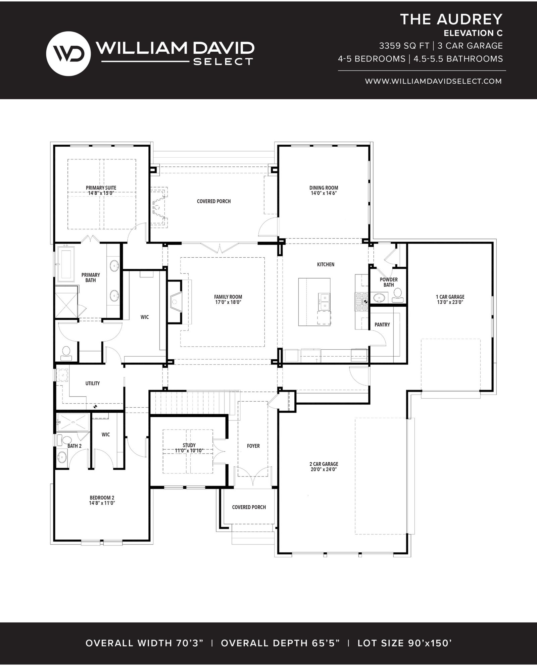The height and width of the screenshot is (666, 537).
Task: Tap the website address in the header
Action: coord(433,81)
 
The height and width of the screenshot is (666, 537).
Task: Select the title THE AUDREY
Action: coord(451,19)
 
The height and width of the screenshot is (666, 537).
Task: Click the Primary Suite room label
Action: coord(101,191)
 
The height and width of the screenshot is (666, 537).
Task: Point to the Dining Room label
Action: coord(324,191)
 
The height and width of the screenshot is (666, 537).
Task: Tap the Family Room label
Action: coord(228,299)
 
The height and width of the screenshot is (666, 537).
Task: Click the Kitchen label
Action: coord(326,264)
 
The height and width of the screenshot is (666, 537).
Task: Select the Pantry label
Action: coord(382,324)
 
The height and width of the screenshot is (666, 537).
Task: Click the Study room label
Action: coord(189,448)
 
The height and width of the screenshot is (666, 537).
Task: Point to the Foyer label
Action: coord(253,446)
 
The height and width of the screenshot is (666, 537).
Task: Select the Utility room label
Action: coord(93,383)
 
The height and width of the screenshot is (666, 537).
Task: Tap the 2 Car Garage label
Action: coord(324,467)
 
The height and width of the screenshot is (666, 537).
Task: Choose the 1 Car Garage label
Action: coord(450,299)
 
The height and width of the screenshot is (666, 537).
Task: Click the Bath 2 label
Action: coord(75,446)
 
